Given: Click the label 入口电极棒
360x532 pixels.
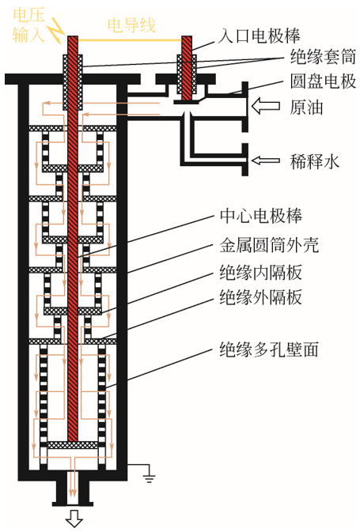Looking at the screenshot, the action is click(259, 36).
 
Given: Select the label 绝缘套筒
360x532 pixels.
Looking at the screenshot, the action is click(323, 57).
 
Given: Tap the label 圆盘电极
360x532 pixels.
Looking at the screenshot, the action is click(323, 81).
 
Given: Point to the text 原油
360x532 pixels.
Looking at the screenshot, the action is click(306, 108).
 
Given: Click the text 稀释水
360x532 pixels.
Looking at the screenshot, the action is click(315, 161).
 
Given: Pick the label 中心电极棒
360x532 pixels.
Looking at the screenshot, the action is click(260, 216).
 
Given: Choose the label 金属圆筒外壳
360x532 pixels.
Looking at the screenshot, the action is click(269, 245).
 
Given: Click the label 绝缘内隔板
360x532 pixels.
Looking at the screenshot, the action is click(260, 272).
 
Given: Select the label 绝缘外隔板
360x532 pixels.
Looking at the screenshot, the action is click(260, 297).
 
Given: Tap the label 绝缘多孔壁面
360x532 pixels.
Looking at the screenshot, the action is click(269, 349).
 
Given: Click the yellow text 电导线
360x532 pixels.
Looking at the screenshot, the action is click(131, 25).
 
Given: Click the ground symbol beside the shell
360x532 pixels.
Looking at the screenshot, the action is click(149, 477).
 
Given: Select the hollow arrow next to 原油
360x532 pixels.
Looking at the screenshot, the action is click(266, 105).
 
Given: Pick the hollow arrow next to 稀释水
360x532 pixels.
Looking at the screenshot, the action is click(266, 160).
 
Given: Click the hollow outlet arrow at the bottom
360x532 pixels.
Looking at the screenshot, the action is click(74, 518).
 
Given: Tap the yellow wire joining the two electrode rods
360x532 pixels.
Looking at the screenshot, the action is click(130, 40).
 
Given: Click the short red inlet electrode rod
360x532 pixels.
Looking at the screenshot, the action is click(187, 68).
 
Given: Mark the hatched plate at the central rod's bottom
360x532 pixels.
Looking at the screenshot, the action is click(73, 445).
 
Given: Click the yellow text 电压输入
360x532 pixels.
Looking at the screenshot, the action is click(28, 25).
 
